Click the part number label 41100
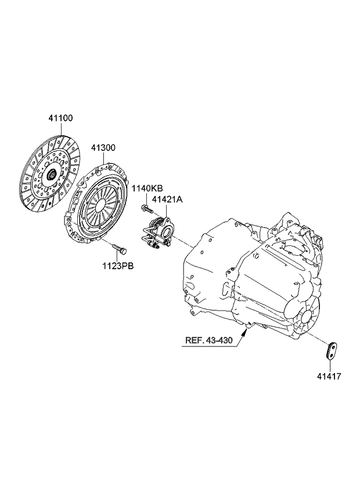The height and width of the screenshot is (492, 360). (60, 118)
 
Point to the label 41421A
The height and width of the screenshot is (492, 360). (167, 200)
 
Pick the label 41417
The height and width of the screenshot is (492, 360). (329, 376)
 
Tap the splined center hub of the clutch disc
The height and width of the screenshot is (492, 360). (52, 172)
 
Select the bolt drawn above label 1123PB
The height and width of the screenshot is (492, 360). (120, 250)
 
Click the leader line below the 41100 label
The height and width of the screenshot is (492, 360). (60, 129)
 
